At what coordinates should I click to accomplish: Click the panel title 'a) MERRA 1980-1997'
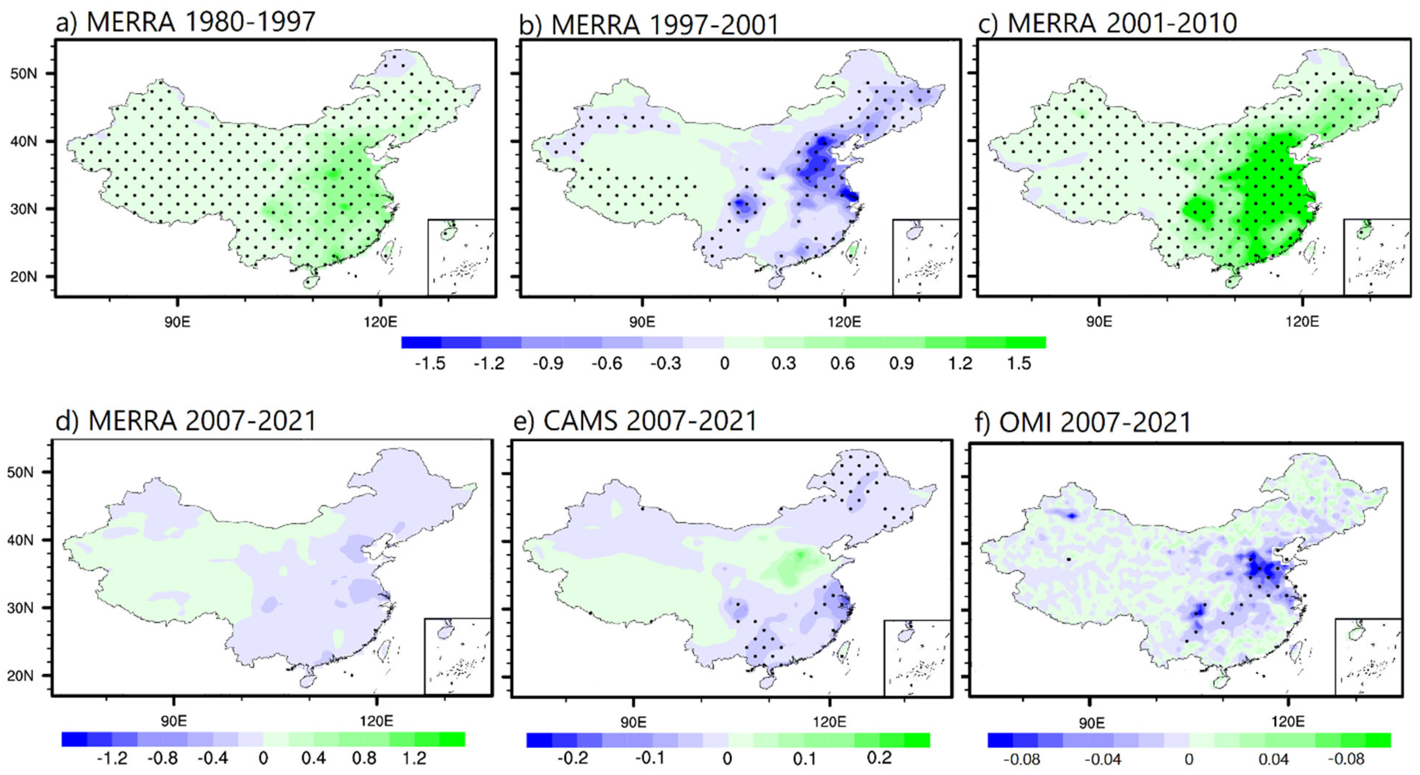click(x=185, y=22)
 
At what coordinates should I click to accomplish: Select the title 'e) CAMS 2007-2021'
click(x=635, y=421)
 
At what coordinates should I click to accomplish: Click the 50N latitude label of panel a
click(x=24, y=73)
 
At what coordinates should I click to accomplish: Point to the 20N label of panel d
click(x=20, y=676)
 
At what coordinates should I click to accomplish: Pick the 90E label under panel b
click(x=642, y=322)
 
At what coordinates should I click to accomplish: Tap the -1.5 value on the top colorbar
click(x=430, y=364)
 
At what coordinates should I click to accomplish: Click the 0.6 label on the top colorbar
click(x=842, y=364)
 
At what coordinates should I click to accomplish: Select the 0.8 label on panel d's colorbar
click(x=364, y=758)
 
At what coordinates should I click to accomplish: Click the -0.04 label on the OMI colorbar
click(x=1103, y=759)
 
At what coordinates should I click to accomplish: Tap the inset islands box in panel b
click(x=926, y=257)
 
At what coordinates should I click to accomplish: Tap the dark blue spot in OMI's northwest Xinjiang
click(x=1072, y=516)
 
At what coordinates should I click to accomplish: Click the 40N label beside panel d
click(x=20, y=540)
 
